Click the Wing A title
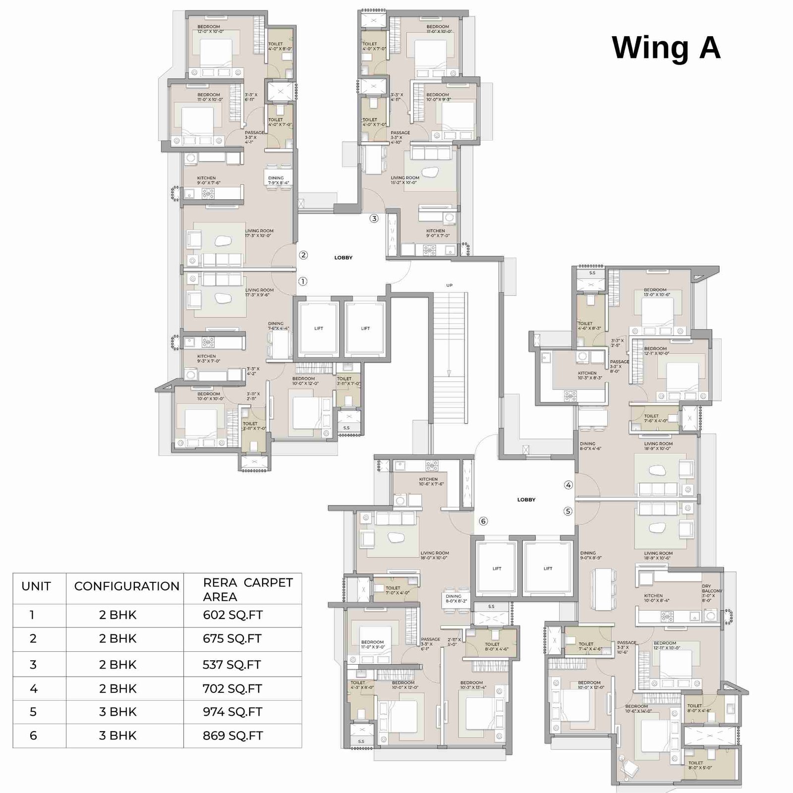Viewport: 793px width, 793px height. pos(666,48)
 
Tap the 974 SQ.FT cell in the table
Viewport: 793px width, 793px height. pos(232,712)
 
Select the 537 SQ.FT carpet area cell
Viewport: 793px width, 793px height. pos(231,665)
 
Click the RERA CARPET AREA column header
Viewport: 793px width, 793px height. pos(247,589)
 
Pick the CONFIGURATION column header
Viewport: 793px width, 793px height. pos(126,586)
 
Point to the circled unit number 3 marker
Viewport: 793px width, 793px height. pos(374,219)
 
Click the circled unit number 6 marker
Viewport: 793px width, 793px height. pos(483,521)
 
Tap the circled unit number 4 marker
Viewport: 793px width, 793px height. pos(568,485)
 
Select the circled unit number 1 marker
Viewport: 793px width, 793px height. pos(303,281)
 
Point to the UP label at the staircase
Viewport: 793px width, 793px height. pos(449,285)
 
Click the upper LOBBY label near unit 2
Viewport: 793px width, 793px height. pos(343,258)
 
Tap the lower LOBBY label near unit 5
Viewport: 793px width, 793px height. pos(526,500)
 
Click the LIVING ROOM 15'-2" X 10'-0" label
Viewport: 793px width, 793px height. pos(404,180)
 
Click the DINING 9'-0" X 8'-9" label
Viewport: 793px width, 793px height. pos(591,555)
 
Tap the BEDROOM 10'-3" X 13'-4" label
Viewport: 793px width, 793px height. pos(473,684)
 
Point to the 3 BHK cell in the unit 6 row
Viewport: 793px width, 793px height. pos(117,736)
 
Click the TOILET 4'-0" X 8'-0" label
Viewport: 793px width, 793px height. pos(280,46)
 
